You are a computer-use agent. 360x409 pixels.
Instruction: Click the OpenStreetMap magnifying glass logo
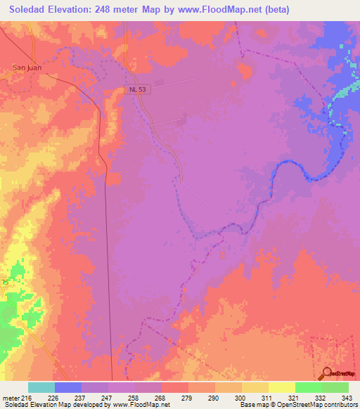[326, 373]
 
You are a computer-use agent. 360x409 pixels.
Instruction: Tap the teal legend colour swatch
[41, 387]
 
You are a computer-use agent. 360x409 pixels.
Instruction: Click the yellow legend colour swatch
[281, 387]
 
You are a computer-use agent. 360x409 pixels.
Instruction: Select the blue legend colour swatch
[68, 387]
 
